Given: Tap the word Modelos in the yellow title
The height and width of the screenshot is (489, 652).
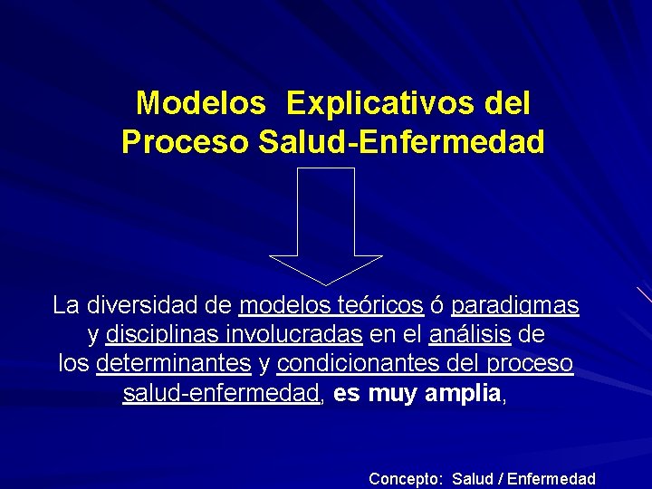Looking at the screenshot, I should tap(200, 103).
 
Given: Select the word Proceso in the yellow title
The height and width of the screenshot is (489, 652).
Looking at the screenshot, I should tap(186, 142).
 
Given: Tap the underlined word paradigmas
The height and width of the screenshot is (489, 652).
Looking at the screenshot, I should tap(515, 306).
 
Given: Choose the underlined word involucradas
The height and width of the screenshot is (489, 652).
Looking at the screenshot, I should tap(302, 335).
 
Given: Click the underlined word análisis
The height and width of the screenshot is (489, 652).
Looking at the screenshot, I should tap(470, 335).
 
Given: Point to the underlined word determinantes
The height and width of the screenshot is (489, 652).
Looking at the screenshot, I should tap(173, 364).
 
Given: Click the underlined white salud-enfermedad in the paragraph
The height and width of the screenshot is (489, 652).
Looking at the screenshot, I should tap(222, 394).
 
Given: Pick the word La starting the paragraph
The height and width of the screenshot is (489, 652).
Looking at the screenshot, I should tap(65, 305).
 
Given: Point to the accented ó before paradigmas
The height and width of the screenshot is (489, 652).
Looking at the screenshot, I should tap(436, 305).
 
